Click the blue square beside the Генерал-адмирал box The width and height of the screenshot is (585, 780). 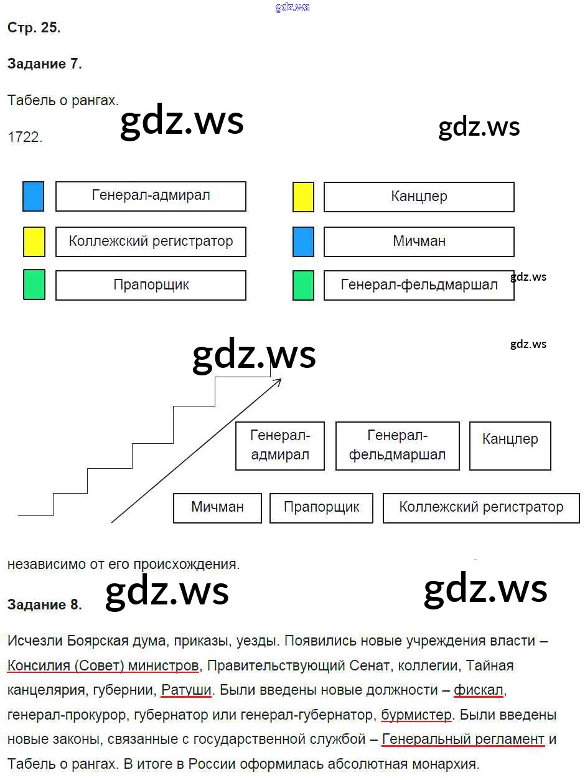(33, 196)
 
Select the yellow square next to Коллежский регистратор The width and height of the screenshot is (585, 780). (34, 242)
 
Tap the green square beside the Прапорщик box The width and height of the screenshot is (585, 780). (34, 284)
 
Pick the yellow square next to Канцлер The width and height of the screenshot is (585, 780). (303, 197)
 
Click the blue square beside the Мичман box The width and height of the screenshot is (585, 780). (303, 242)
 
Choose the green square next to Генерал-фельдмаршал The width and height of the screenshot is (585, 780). (303, 285)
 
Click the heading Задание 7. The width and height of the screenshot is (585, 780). (44, 63)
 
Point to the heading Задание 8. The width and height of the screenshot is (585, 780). (44, 604)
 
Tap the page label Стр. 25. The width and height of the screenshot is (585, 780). (34, 28)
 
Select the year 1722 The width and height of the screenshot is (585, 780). (25, 138)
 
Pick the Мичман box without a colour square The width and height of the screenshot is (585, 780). (217, 507)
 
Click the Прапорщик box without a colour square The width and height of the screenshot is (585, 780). (321, 507)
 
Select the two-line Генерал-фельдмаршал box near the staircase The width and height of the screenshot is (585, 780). (397, 445)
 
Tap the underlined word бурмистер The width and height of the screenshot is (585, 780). (416, 715)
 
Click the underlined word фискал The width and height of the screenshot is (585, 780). (479, 690)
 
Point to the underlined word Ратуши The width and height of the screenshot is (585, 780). (186, 690)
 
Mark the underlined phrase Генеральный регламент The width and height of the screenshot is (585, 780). (463, 740)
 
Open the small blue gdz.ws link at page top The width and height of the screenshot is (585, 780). (292, 7)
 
